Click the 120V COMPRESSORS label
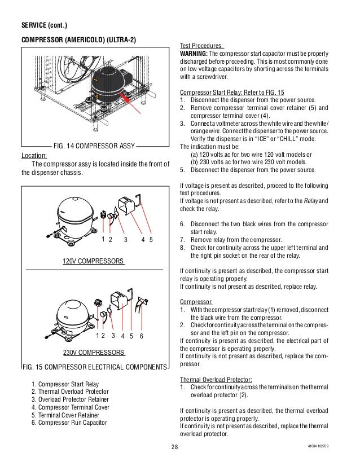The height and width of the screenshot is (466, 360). tap(93, 262)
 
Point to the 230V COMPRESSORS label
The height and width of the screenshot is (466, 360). tap(93, 353)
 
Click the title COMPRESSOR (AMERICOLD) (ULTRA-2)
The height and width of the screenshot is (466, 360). tap(78, 41)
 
